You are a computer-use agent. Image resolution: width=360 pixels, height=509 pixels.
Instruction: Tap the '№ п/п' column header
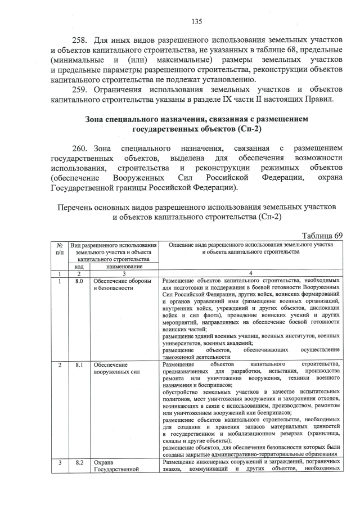pyautogui.click(x=60, y=249)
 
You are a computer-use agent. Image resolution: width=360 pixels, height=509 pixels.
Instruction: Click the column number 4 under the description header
pyautogui.click(x=250, y=273)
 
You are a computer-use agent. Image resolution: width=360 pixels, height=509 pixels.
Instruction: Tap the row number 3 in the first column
pyautogui.click(x=60, y=462)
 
